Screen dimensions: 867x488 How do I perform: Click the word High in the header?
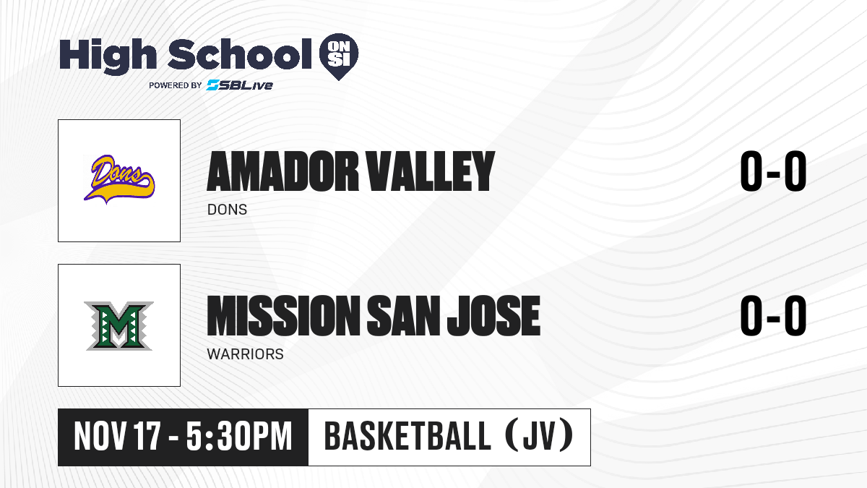tap(108, 56)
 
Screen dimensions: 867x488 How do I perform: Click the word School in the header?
tap(240, 54)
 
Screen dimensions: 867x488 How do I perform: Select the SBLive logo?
tap(240, 85)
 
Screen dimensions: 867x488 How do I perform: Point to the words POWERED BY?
tap(176, 85)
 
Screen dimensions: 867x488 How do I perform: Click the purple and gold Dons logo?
tap(119, 179)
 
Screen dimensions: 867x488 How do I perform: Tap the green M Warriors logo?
tap(118, 326)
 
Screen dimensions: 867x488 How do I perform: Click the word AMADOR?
tap(283, 171)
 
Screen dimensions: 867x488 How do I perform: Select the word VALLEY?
tap(431, 171)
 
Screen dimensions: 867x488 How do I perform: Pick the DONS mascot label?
tap(227, 210)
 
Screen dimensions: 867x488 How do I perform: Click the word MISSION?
tap(284, 315)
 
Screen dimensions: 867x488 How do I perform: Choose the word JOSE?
tap(494, 315)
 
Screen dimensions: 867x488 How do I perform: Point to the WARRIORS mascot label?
tap(246, 354)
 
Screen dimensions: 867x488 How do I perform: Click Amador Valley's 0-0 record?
tap(773, 171)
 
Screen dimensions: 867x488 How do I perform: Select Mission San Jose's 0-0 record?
tap(773, 315)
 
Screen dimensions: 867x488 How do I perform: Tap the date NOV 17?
tap(117, 437)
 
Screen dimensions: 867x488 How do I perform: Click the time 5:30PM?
tap(239, 437)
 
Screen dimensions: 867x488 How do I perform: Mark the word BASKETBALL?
tap(407, 436)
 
